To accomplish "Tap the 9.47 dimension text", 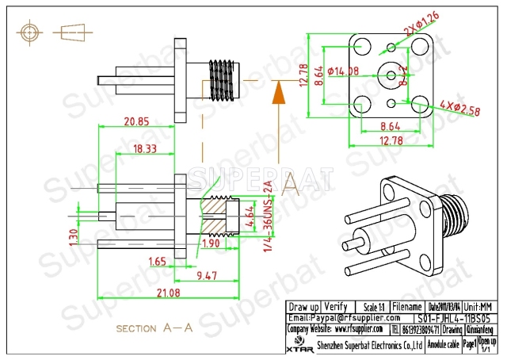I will (x=208, y=276).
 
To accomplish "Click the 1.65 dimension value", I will (x=157, y=261).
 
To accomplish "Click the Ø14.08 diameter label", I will (x=342, y=71).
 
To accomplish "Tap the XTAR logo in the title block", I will (x=298, y=346).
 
